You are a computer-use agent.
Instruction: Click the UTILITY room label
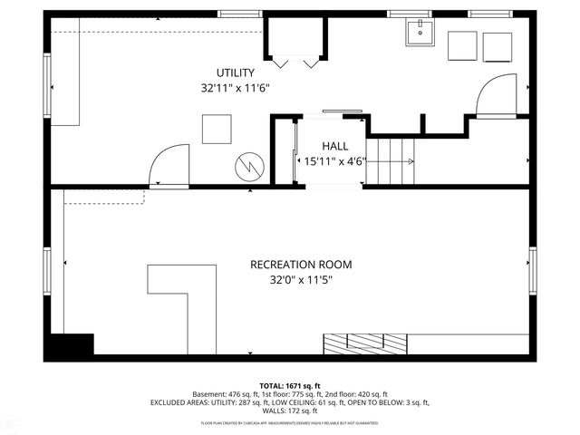click(235, 72)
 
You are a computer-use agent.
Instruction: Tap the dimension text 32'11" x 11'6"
click(235, 89)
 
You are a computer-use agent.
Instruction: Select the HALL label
click(334, 146)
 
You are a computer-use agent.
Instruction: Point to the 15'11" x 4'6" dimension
click(334, 162)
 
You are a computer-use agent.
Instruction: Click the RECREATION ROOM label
click(301, 265)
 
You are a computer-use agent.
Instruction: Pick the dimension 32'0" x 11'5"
click(301, 281)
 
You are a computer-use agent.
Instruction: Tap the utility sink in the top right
click(420, 33)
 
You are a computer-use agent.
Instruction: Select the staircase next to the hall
click(391, 162)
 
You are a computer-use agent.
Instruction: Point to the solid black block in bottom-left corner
click(71, 345)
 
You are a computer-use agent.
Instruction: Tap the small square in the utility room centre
click(216, 129)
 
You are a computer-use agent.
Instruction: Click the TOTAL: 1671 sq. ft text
click(290, 385)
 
